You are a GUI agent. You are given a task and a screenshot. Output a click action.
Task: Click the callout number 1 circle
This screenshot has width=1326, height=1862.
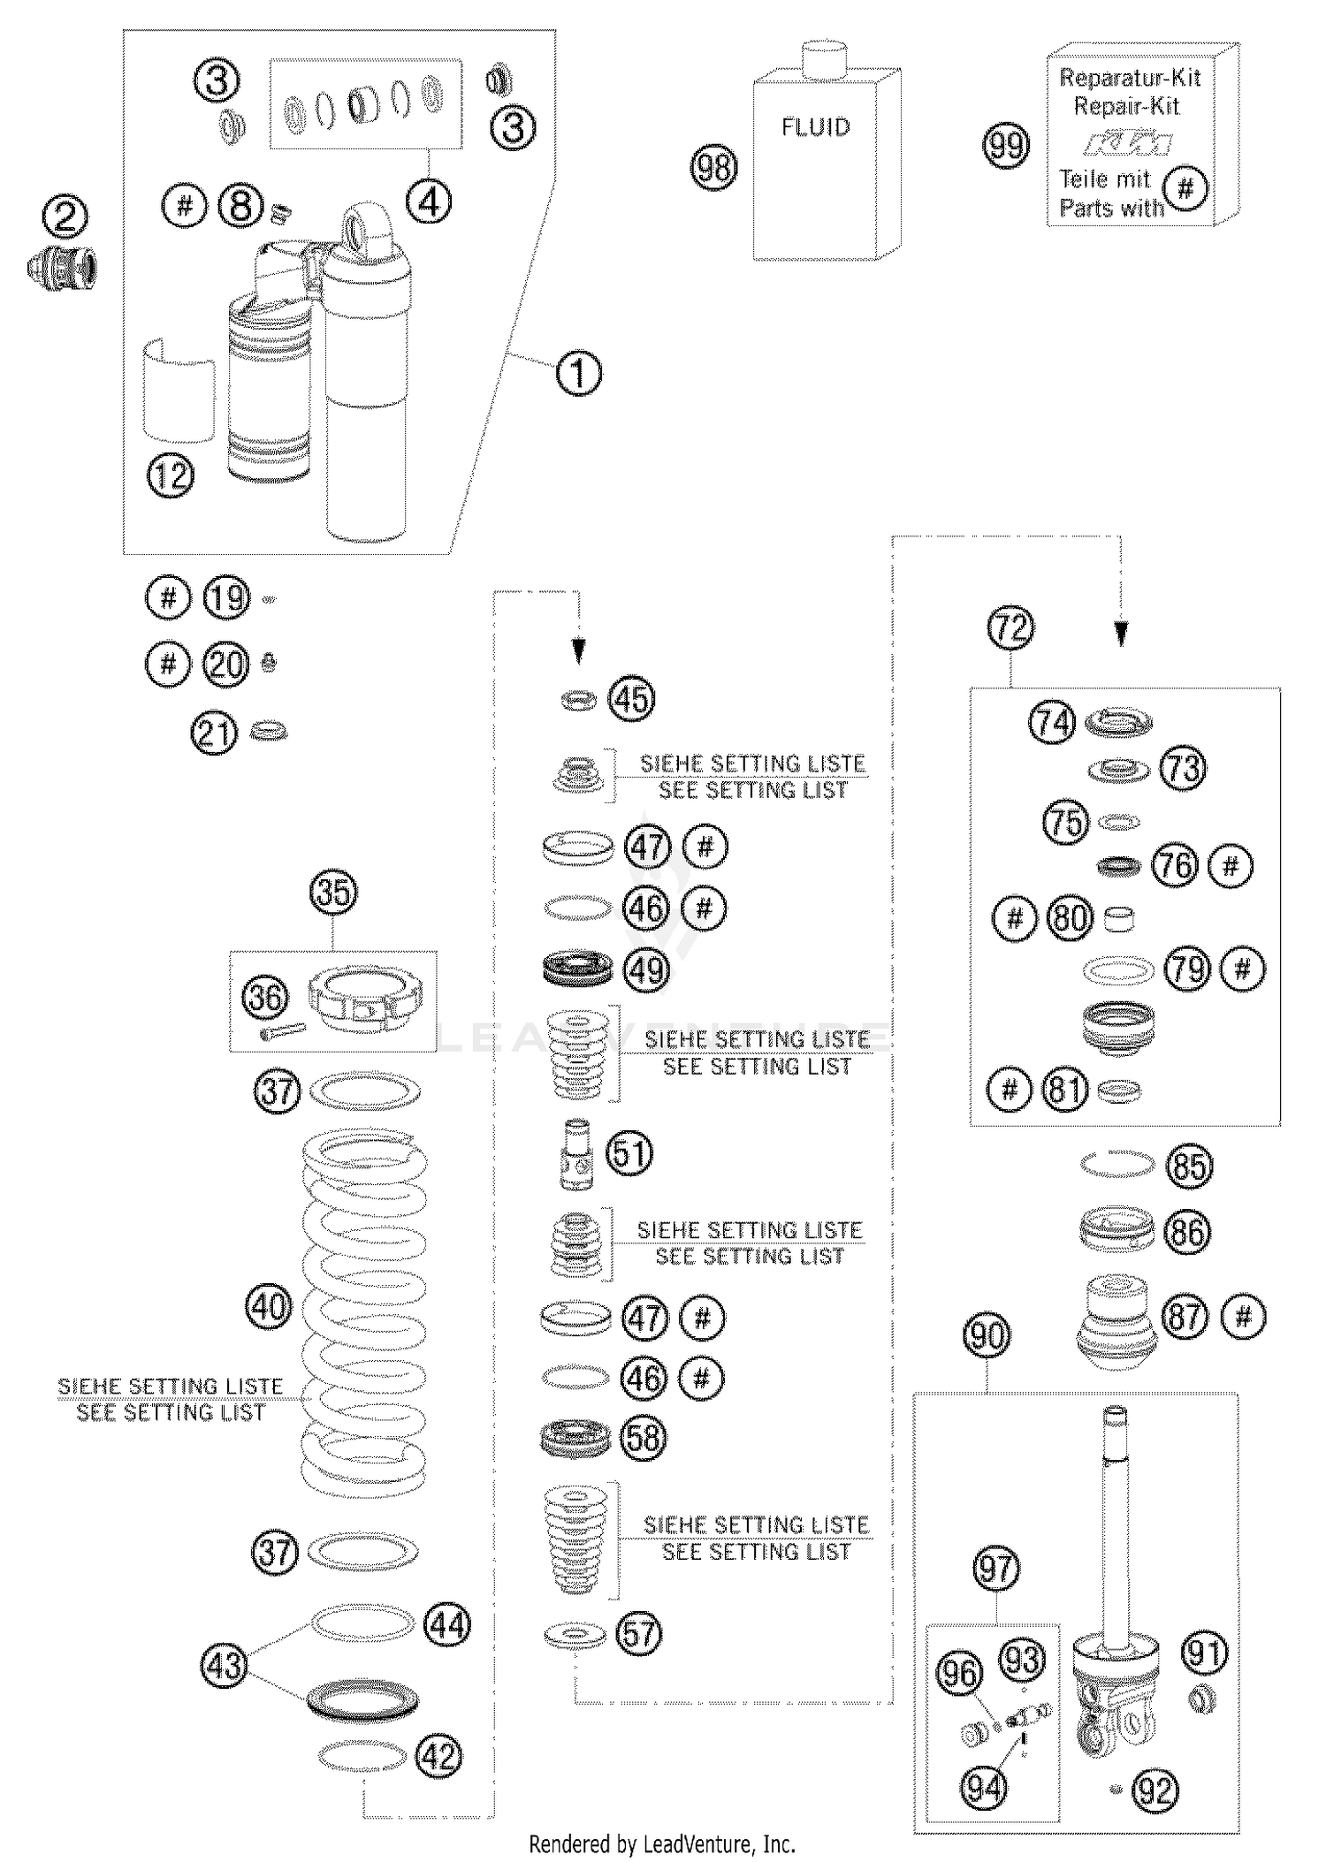point(579,373)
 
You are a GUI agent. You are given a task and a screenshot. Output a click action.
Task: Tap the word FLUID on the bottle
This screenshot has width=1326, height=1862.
point(815,127)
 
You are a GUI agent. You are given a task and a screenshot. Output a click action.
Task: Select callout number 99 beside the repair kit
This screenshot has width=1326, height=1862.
point(1007,145)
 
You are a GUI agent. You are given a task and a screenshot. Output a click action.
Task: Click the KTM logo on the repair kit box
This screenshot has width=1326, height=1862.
point(1129,142)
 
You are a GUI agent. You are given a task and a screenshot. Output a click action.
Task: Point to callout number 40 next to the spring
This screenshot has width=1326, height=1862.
point(269,1305)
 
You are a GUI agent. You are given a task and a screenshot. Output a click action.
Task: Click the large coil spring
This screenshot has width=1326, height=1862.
point(364,1308)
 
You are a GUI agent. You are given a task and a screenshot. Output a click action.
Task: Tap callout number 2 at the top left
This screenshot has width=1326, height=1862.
point(66,217)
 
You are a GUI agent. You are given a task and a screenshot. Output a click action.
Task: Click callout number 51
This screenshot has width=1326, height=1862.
point(629,1153)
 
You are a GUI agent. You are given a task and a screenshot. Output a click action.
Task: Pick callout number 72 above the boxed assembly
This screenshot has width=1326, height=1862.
point(1010,628)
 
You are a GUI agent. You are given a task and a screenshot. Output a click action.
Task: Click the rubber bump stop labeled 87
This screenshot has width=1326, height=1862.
point(1117,1324)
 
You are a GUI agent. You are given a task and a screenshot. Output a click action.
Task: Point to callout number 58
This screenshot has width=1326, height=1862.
point(644,1437)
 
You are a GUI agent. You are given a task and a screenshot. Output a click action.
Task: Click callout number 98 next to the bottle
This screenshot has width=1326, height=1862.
point(713,167)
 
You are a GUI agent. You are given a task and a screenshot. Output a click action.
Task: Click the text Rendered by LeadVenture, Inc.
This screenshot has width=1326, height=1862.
point(661,1844)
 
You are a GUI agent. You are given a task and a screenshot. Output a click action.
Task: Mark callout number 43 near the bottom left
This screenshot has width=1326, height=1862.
point(223,1665)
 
